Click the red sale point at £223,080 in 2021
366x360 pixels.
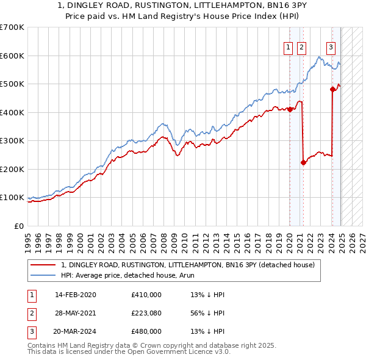click(303, 162)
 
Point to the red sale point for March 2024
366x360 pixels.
click(332, 90)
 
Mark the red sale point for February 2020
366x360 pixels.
click(290, 110)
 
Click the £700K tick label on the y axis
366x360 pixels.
click(12, 27)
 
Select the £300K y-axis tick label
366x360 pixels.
click(12, 141)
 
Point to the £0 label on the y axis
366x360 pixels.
click(18, 226)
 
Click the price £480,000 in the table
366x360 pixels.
click(146, 331)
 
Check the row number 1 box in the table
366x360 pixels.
click(30, 295)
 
